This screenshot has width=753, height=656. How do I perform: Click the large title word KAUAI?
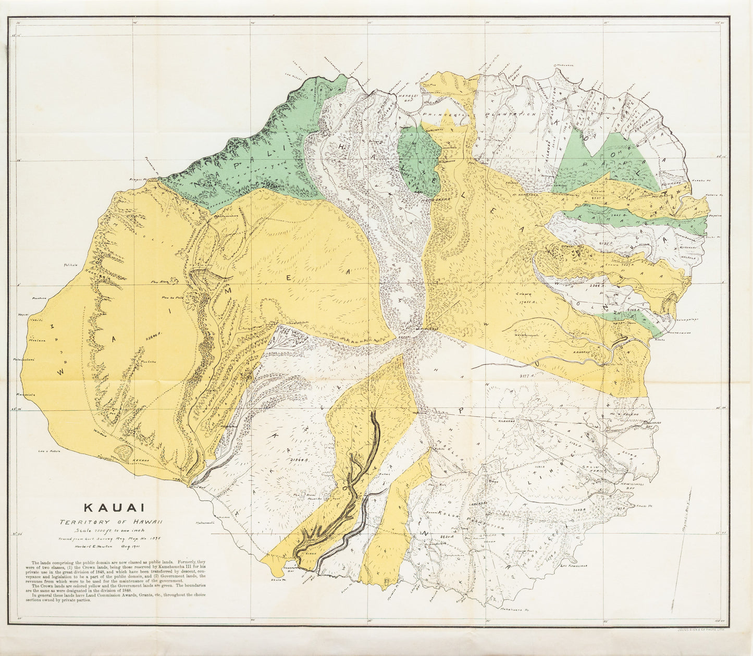click(115, 507)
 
